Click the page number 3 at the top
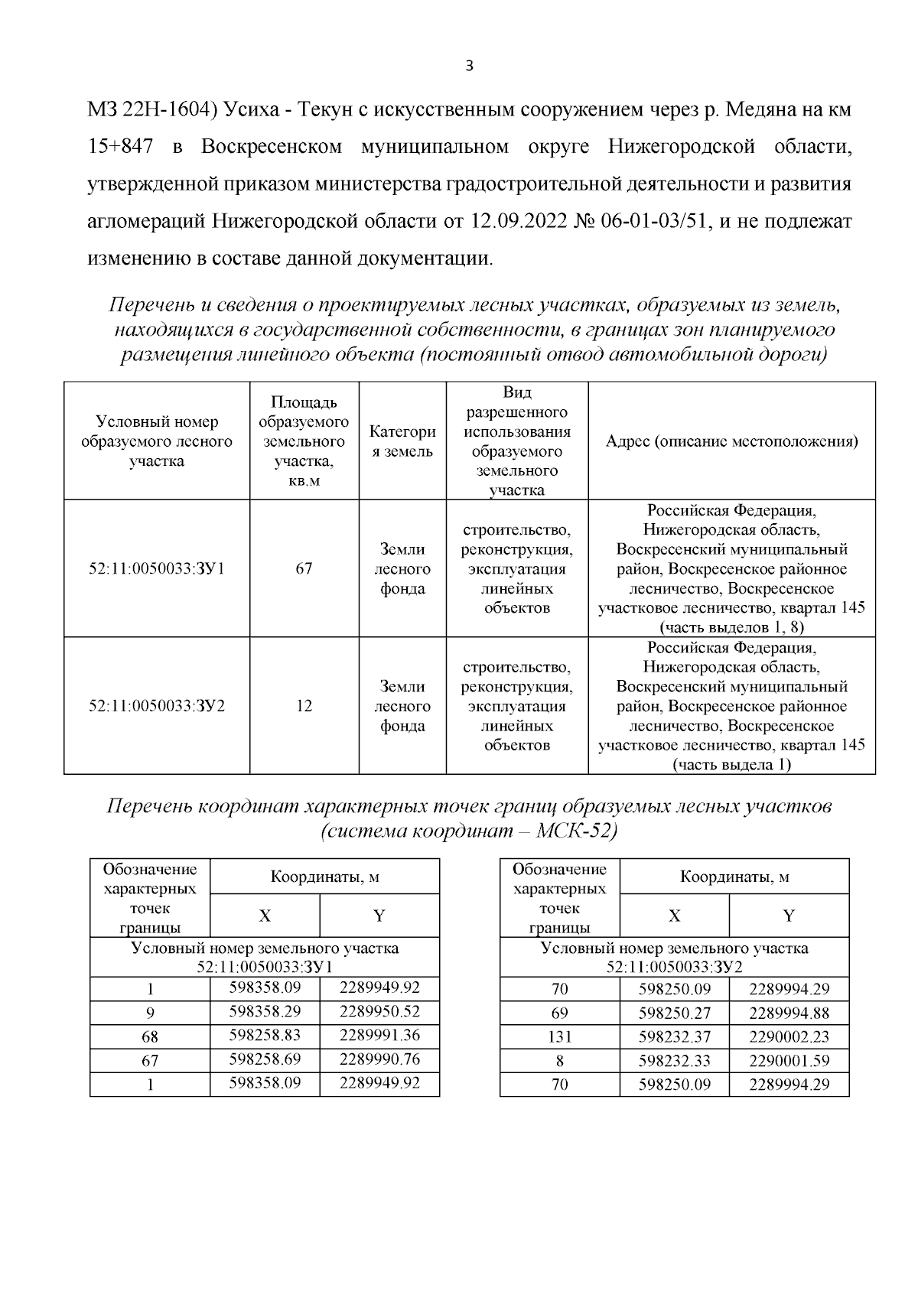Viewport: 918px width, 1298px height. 469,67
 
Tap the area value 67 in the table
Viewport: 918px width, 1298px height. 304,569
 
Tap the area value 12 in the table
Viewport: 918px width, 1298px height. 304,706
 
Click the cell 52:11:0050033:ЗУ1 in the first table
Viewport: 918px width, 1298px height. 157,569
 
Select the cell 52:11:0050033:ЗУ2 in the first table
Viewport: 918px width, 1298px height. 157,706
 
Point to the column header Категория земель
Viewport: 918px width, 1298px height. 402,441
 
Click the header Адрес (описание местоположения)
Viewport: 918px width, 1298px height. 731,441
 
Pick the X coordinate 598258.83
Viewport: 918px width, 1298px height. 265,1036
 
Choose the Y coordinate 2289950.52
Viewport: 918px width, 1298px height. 379,1012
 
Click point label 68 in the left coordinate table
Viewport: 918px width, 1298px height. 150,1037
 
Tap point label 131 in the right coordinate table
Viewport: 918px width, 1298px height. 559,1038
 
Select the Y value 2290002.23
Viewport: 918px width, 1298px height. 789,1038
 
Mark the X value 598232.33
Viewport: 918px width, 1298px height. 674,1062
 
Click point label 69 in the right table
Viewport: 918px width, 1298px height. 559,1013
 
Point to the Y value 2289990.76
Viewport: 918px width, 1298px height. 379,1059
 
